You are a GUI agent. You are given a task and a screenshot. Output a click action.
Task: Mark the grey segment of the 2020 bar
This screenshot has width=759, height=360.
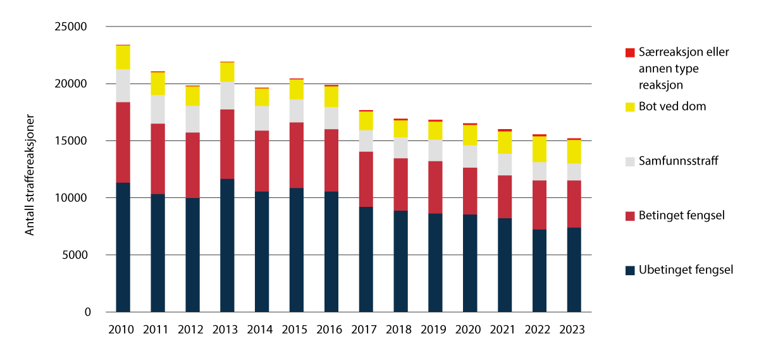[x=469, y=156]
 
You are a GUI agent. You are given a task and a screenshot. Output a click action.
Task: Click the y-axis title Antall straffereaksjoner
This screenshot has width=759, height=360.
[x=30, y=175]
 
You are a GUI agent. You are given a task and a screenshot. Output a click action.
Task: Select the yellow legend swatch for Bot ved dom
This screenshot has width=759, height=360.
[x=629, y=107]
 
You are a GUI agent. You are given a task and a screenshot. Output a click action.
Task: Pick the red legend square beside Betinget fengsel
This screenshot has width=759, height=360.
[x=629, y=216]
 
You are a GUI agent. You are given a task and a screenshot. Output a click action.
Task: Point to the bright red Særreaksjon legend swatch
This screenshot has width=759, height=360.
[x=629, y=53]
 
